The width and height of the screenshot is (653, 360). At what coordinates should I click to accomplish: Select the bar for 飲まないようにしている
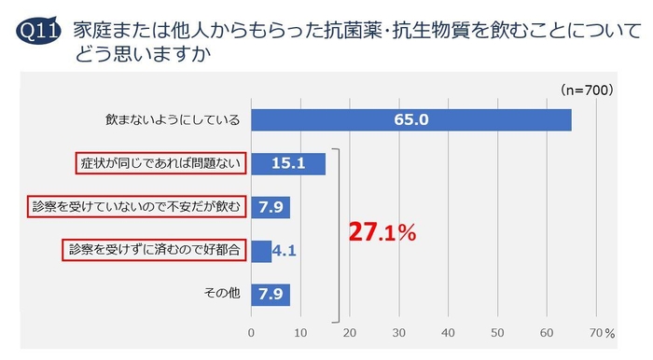(410, 120)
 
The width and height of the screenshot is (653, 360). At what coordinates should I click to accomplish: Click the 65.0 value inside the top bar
(410, 120)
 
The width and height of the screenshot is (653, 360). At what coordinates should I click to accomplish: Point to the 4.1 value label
(285, 251)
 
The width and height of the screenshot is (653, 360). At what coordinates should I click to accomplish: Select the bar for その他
(271, 295)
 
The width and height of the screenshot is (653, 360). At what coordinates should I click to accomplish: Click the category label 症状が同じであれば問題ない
(160, 164)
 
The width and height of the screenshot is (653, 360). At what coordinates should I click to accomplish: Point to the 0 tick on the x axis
(251, 332)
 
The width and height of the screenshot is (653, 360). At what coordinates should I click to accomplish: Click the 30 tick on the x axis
(399, 332)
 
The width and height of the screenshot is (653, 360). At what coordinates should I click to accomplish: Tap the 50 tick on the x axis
(498, 332)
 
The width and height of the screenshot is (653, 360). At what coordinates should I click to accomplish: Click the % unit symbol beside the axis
(610, 333)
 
